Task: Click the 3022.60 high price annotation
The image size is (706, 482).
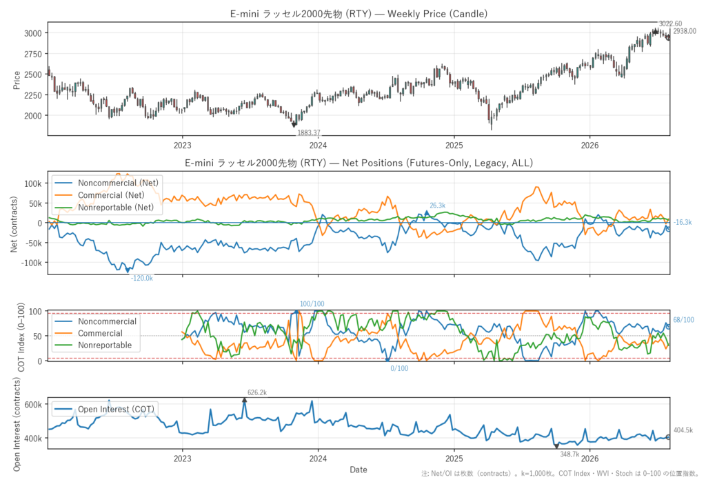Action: point(670,23)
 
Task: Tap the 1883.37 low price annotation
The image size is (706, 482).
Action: point(309,133)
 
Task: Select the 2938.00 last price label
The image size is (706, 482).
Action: point(685,31)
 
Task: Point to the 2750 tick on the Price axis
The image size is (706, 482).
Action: point(33,54)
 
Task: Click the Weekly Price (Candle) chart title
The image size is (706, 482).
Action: point(359,14)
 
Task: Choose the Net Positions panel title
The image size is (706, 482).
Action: point(359,163)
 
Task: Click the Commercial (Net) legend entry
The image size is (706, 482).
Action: point(111,195)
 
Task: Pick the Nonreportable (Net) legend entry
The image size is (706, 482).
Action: point(116,208)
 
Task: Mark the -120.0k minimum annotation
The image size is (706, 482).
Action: point(142,279)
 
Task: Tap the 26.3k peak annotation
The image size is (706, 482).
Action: point(437,205)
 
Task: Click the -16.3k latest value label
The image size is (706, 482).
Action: point(683,222)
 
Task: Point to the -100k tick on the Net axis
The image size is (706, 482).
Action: point(32,263)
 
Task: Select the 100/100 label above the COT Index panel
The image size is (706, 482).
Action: point(312,304)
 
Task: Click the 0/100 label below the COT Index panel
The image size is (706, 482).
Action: point(399,368)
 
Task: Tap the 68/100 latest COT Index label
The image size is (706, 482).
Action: point(683,320)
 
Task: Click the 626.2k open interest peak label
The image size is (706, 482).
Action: point(257,393)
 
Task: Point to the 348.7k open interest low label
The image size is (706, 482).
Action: point(569,454)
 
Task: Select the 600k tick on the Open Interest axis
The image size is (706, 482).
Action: point(33,405)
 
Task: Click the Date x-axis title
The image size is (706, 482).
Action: point(359,470)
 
